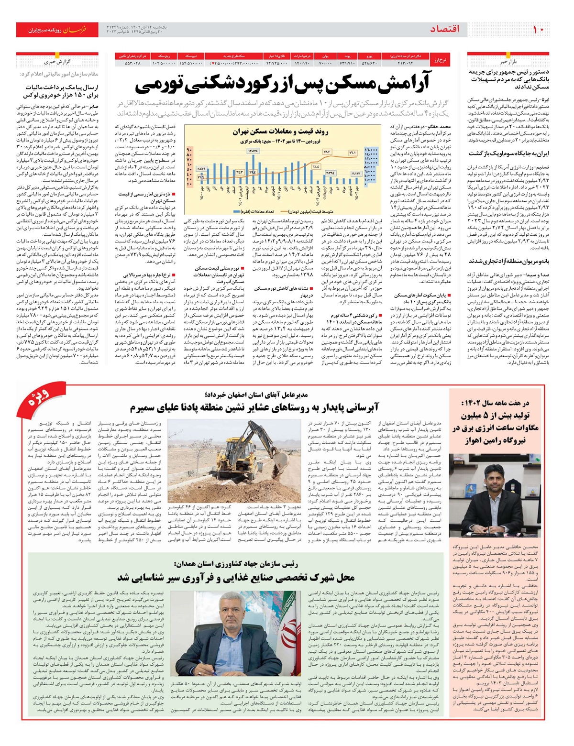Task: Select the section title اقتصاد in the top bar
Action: pos(444,30)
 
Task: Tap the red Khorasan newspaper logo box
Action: pos(57,30)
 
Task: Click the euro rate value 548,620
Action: pos(369,63)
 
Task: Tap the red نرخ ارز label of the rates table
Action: pos(440,60)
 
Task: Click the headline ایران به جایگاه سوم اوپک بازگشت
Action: pos(508,154)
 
